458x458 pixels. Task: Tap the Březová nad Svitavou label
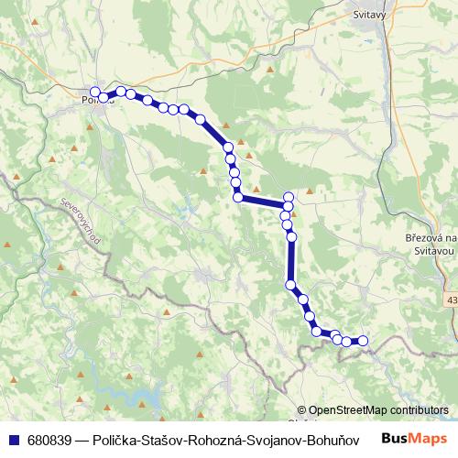click(x=425, y=243)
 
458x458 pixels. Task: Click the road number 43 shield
click(x=453, y=299)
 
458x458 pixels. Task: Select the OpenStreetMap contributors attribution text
click(x=378, y=410)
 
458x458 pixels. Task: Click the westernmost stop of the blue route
click(x=94, y=92)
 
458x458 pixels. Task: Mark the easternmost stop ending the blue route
click(x=362, y=341)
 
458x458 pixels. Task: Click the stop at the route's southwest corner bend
click(x=238, y=197)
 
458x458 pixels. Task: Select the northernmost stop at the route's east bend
click(x=289, y=196)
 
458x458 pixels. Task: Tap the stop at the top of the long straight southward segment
click(x=292, y=236)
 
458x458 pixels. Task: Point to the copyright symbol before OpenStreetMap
click(x=302, y=410)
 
